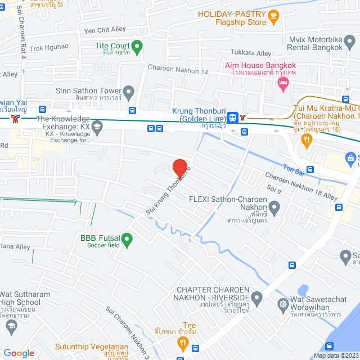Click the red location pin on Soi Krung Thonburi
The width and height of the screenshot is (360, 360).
coord(179,168)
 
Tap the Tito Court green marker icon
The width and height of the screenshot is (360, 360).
coord(137,46)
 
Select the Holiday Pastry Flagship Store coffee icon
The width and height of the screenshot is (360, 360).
coord(273,15)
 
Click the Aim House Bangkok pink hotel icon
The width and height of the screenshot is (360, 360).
coord(283,84)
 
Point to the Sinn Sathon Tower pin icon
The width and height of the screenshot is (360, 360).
coord(129,91)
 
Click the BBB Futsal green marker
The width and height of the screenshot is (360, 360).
coord(127,241)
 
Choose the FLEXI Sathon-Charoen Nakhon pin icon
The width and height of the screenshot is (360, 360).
coord(274,209)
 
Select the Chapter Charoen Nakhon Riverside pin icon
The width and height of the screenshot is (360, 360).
coord(257,296)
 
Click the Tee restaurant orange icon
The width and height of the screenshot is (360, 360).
coord(182,341)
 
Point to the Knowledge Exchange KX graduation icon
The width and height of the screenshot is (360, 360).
coord(98,128)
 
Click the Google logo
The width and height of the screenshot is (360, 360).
coord(19,353)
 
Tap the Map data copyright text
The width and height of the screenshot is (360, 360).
coord(335,355)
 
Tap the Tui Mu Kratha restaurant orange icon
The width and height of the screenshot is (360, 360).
coord(307,141)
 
